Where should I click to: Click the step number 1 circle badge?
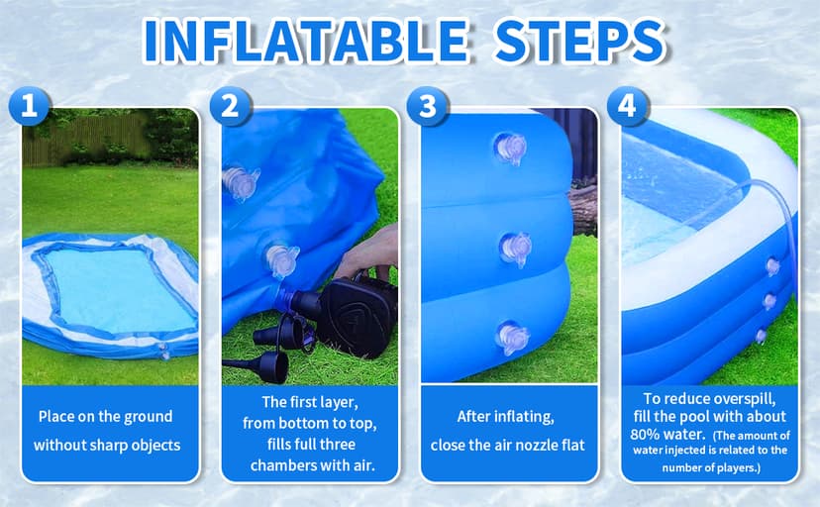[x=29, y=106]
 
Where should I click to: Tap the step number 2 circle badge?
[x=229, y=106]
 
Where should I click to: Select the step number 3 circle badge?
[x=428, y=106]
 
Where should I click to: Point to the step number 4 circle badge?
[x=627, y=106]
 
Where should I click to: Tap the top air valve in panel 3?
[x=510, y=150]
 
